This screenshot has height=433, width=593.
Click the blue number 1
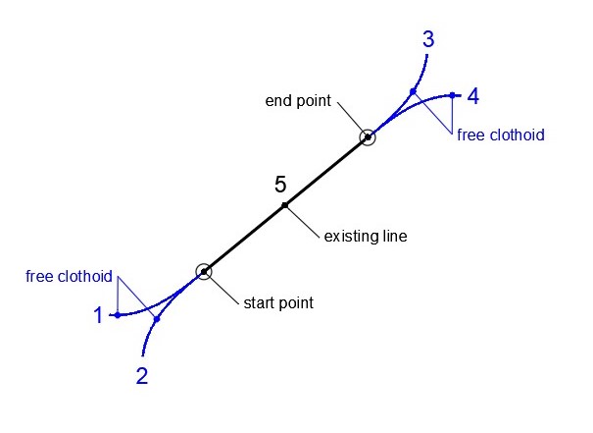click(98, 315)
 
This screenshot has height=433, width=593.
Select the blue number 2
click(142, 375)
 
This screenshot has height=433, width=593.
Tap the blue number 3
click(428, 40)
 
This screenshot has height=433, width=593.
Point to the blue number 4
click(473, 96)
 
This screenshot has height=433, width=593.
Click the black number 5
click(280, 184)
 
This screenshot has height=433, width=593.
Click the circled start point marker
click(204, 272)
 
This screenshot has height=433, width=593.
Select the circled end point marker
click(367, 137)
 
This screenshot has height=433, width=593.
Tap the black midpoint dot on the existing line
click(285, 205)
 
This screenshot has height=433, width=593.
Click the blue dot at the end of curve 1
click(117, 315)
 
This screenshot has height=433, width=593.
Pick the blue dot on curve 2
click(157, 319)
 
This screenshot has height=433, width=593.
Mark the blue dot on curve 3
click(413, 91)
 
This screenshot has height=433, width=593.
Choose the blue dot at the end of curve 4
click(452, 95)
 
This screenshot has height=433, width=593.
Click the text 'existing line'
click(365, 237)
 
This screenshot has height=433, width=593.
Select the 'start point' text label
click(278, 302)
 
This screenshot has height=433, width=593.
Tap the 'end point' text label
click(298, 101)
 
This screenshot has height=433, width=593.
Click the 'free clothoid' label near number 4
click(500, 135)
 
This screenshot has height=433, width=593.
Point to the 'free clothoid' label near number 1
click(69, 276)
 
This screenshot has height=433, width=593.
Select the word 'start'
click(259, 302)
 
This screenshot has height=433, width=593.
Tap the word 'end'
click(279, 101)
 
